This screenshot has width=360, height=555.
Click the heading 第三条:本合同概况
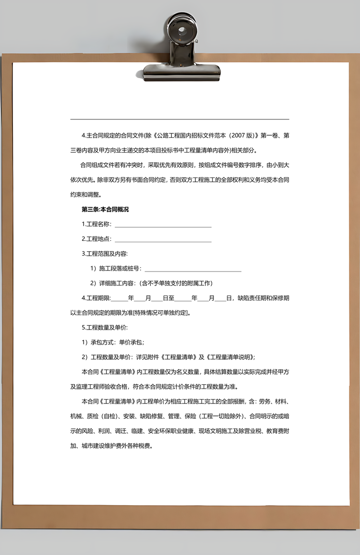[105, 209]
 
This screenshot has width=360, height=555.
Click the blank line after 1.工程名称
[163, 226]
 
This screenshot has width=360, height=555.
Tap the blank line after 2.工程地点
[163, 241]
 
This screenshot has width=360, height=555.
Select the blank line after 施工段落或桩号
[192, 271]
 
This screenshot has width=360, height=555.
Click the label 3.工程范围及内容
[105, 253]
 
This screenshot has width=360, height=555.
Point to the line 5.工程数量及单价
[105, 328]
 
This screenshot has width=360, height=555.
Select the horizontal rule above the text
[180, 119]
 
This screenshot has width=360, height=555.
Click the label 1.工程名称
[96, 224]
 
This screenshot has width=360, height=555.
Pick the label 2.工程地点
[96, 239]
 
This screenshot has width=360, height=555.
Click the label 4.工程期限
[96, 298]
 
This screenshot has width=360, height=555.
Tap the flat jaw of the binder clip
[182, 72]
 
